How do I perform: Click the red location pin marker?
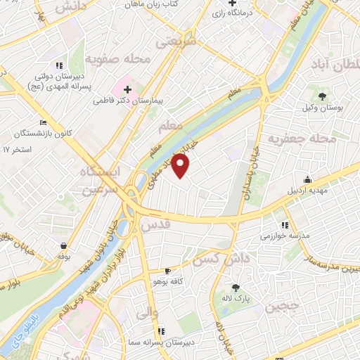click(x=181, y=166)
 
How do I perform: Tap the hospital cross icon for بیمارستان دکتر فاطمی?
click(x=127, y=89)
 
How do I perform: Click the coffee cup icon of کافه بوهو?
click(x=167, y=271)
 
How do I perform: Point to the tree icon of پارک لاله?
click(x=235, y=287)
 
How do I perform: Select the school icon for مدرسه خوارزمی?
click(x=284, y=225)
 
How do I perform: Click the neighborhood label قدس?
click(x=156, y=225)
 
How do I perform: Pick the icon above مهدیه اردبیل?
click(x=307, y=179)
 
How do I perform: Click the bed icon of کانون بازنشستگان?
click(x=44, y=123)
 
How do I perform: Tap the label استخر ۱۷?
click(x=18, y=150)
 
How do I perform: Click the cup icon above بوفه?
click(x=64, y=246)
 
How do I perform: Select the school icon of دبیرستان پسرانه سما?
click(x=161, y=330)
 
